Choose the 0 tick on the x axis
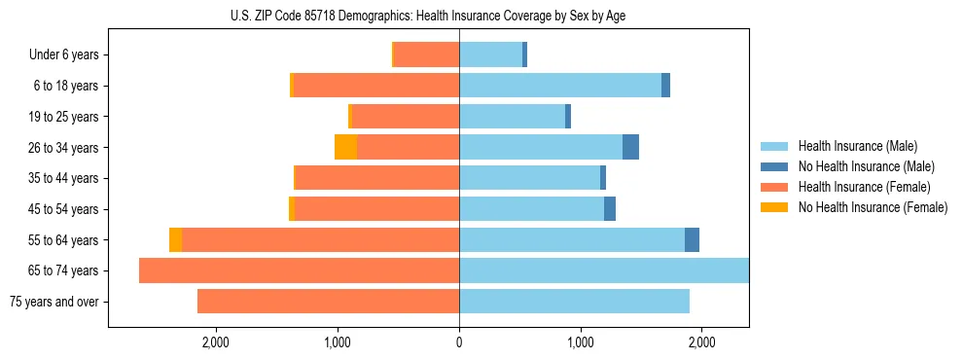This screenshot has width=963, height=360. (x=459, y=342)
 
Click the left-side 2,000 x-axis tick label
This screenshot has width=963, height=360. (x=215, y=342)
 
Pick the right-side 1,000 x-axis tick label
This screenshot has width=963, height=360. (x=581, y=342)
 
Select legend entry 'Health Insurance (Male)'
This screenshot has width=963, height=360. (x=857, y=147)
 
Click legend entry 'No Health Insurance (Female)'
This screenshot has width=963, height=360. (x=873, y=207)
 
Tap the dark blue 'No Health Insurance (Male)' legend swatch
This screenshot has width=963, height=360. (x=775, y=167)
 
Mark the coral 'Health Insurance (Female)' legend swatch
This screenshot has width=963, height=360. (x=775, y=187)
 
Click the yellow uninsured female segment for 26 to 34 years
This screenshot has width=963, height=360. (x=345, y=147)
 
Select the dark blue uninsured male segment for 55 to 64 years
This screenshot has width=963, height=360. (x=692, y=240)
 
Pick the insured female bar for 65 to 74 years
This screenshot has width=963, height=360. (x=299, y=270)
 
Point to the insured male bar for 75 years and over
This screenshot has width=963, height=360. (x=574, y=302)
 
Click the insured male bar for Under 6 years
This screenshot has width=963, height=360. (x=490, y=55)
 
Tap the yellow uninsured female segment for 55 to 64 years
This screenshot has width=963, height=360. (x=175, y=240)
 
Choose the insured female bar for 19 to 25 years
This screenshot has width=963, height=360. (x=406, y=117)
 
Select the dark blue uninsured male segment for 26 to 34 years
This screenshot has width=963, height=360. (x=630, y=147)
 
